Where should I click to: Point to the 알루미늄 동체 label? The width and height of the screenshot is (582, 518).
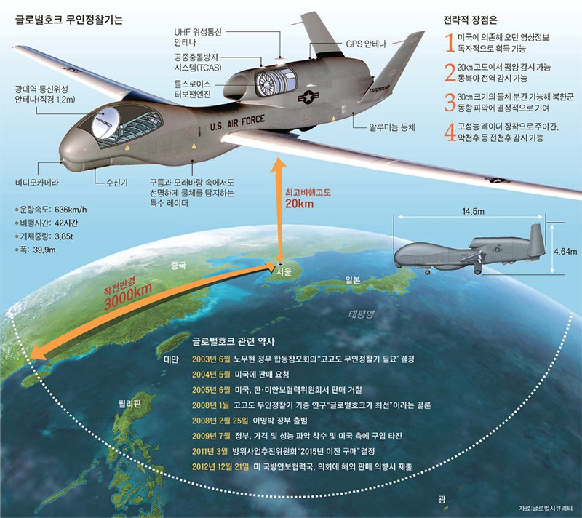click(x=393, y=127)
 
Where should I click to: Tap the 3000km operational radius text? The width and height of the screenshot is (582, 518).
click(x=128, y=297)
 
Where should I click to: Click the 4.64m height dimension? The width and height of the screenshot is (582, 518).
click(x=565, y=252)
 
